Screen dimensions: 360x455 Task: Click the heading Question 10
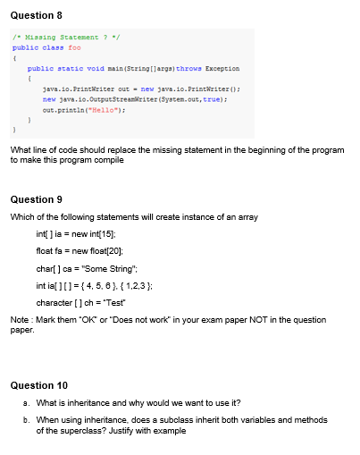point(38,385)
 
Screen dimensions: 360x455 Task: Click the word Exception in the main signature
point(222,68)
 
